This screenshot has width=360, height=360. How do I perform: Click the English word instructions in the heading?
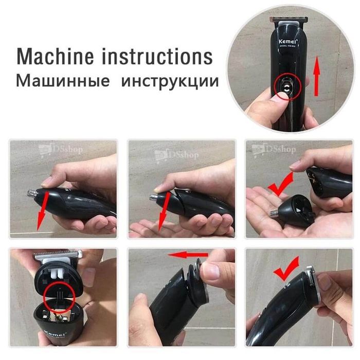tap(159, 56)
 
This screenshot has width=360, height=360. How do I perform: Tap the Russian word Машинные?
tap(62, 81)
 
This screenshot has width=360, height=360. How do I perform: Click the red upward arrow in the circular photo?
tap(317, 77)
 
